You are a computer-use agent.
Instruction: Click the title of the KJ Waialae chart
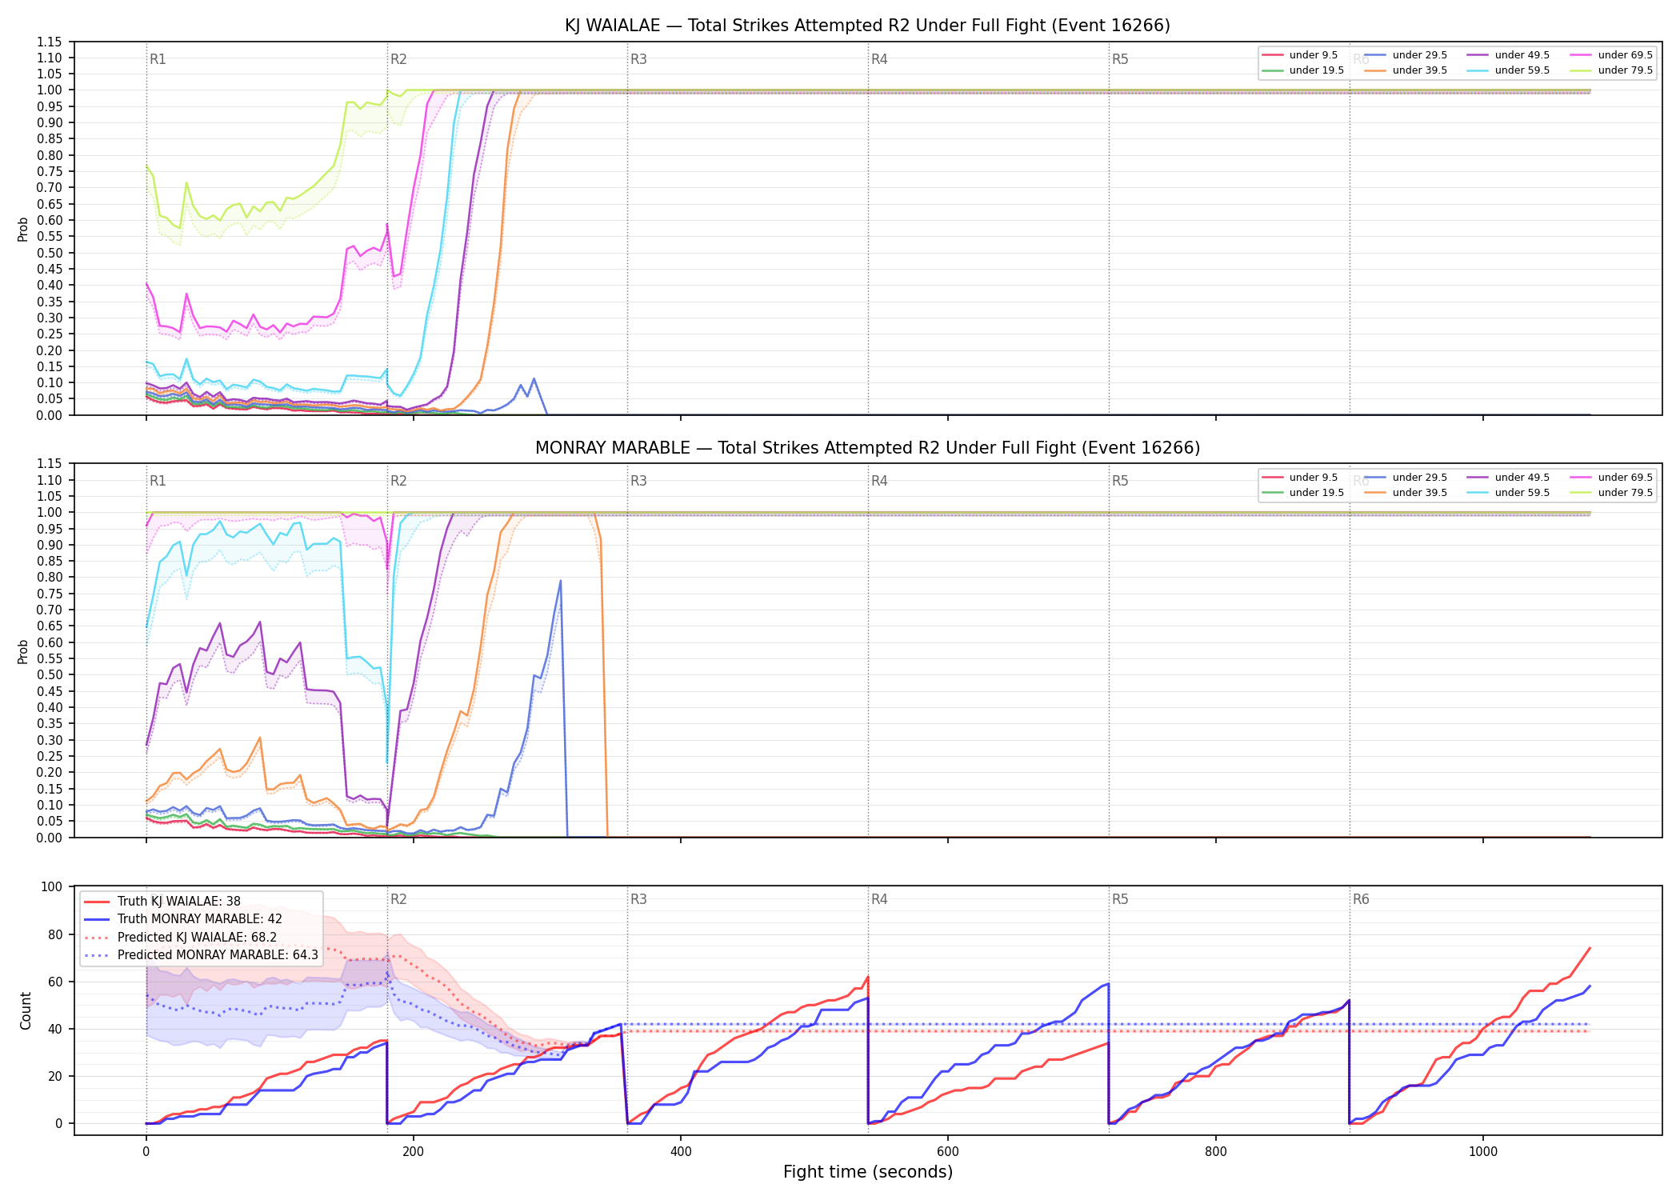pyautogui.click(x=867, y=26)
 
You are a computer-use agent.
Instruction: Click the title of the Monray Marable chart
pyautogui.click(x=867, y=448)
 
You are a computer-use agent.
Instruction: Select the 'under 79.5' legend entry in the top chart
pyautogui.click(x=1611, y=70)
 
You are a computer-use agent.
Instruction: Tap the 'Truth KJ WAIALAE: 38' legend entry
pyautogui.click(x=162, y=901)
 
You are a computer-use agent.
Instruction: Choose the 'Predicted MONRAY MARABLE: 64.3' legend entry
pyautogui.click(x=201, y=954)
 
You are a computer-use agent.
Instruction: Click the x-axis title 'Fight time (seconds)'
pyautogui.click(x=868, y=1172)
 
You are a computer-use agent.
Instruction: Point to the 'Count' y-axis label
pyautogui.click(x=26, y=1010)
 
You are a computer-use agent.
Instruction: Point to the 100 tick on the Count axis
pyautogui.click(x=52, y=886)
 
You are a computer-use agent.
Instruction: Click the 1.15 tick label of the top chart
pyautogui.click(x=50, y=42)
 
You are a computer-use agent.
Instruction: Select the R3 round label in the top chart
pyautogui.click(x=638, y=59)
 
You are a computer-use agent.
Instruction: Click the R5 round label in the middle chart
pyautogui.click(x=1120, y=481)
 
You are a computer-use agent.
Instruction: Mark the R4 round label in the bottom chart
pyautogui.click(x=879, y=899)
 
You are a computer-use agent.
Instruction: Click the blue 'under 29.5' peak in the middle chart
pyautogui.click(x=560, y=581)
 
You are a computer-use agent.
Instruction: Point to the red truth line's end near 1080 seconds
pyautogui.click(x=1590, y=948)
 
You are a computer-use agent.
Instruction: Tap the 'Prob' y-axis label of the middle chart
pyautogui.click(x=23, y=651)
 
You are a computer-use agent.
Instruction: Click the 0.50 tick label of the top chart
pyautogui.click(x=50, y=253)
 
